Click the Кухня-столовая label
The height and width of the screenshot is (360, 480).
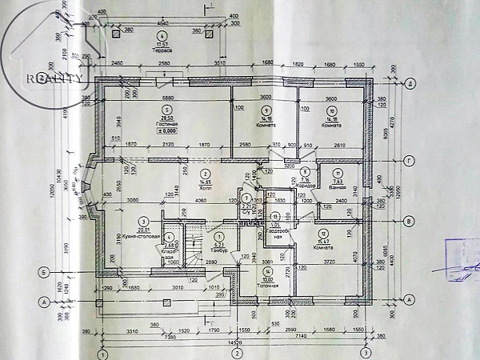click(x=146, y=231)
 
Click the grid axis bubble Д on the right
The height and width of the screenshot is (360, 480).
click(x=408, y=83)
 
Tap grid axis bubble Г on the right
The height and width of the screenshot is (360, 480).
click(x=408, y=161)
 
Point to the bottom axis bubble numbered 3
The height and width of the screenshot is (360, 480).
click(x=365, y=352)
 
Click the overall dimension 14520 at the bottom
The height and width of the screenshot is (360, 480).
click(x=234, y=342)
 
